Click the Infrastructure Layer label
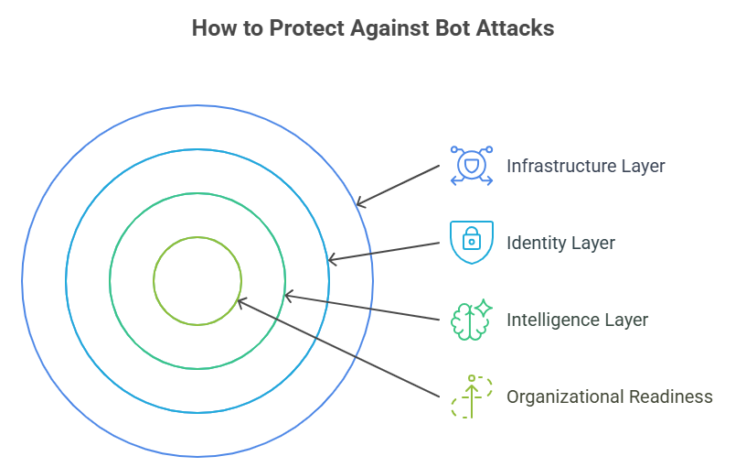[585, 166]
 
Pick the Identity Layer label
[560, 243]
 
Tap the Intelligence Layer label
[577, 320]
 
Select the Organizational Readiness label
[609, 396]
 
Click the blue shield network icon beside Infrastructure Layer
[472, 166]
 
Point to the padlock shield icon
[472, 243]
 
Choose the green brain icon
[472, 320]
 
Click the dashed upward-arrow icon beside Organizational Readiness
[472, 396]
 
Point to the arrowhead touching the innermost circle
[240, 301]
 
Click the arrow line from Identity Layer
[384, 253]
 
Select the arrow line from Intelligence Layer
[366, 308]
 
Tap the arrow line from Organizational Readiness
[338, 349]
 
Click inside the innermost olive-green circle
[197, 280]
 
